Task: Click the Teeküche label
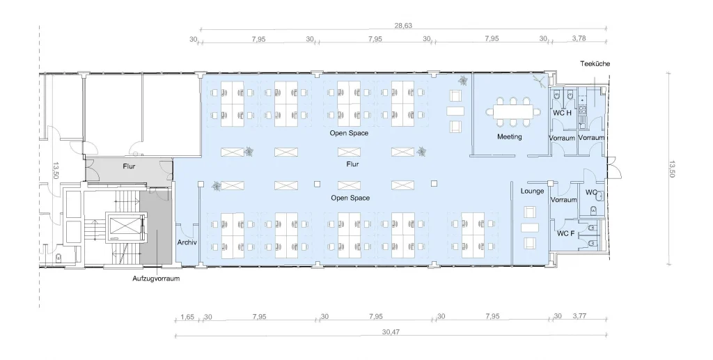[595, 63]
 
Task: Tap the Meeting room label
[509, 136]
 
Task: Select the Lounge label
[532, 191]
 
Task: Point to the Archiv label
[187, 242]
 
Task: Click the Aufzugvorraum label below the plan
[156, 279]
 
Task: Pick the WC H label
[562, 113]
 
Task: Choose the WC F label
[565, 234]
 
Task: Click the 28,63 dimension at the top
[403, 26]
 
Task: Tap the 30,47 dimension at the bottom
[391, 332]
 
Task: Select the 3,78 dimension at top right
[579, 38]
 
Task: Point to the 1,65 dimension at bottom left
[187, 316]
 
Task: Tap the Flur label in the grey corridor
[129, 166]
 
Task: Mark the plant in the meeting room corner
[540, 82]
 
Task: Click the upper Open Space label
[350, 133]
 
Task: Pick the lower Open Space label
[350, 198]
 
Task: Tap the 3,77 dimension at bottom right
[579, 316]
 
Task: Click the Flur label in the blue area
[352, 164]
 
